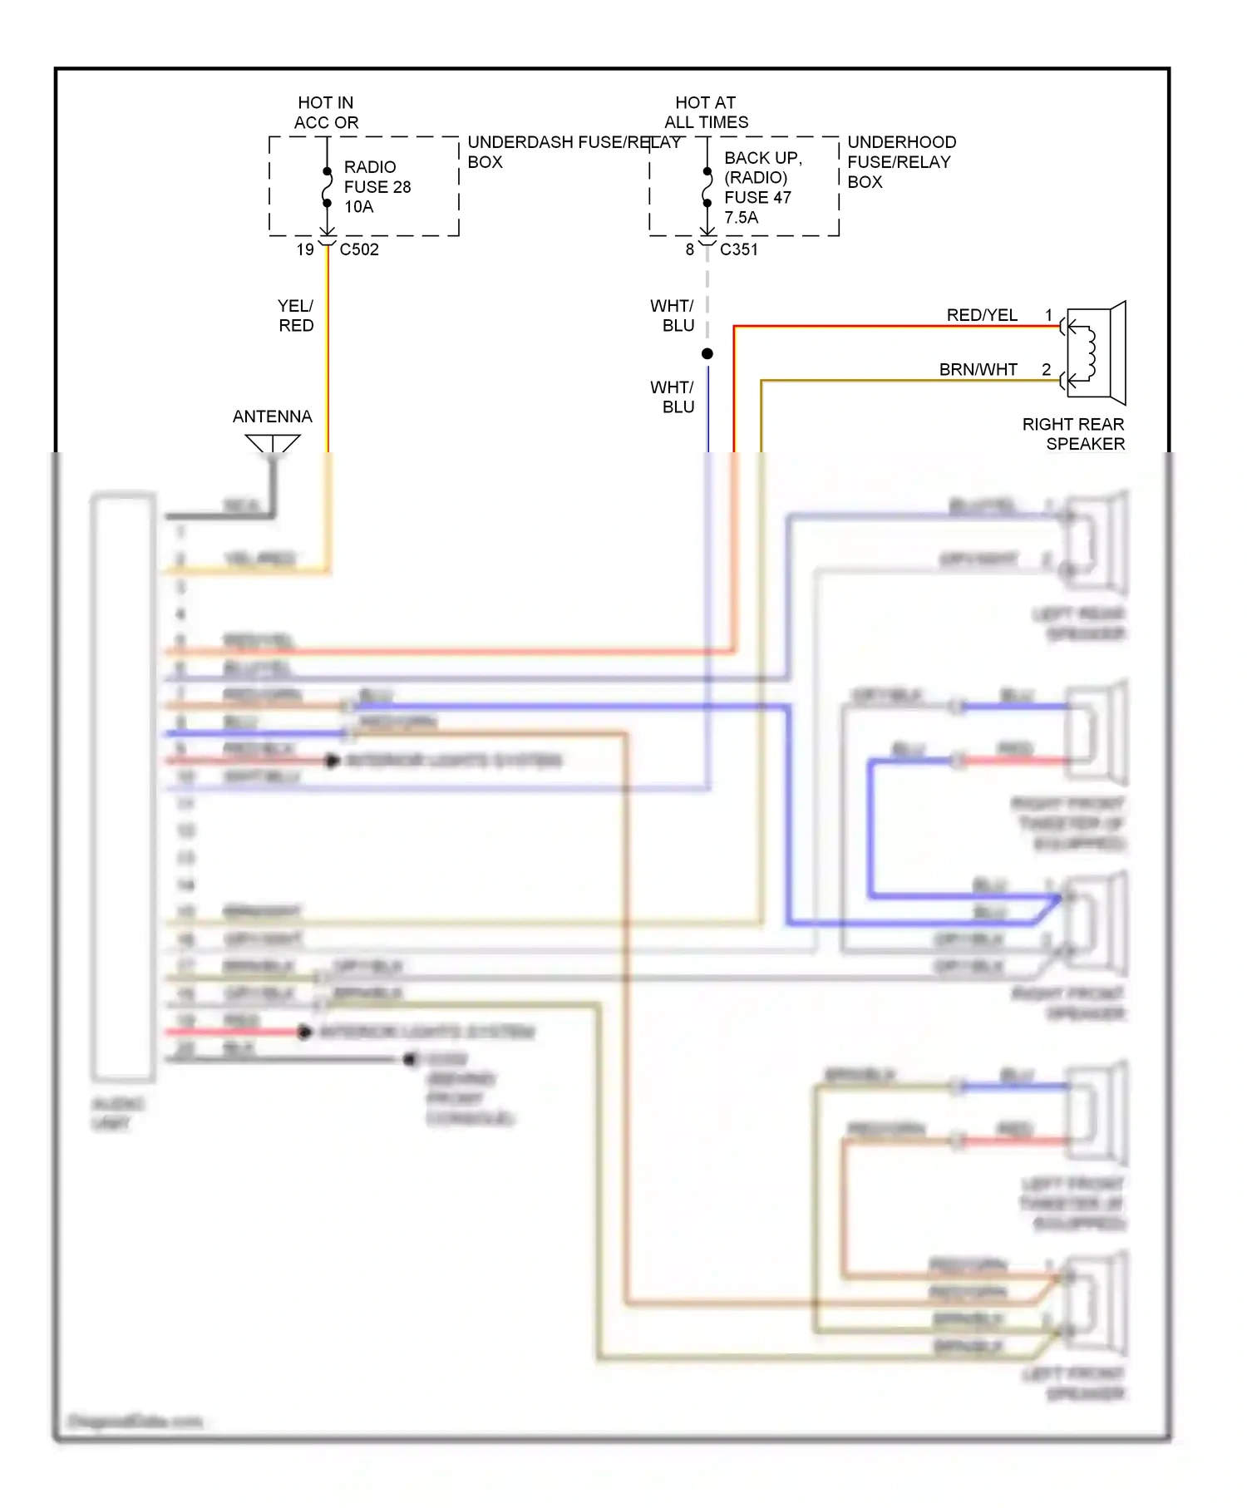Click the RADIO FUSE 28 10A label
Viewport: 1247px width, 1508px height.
pos(377,187)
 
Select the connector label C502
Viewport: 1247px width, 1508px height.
pos(359,249)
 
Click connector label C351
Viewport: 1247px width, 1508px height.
pos(738,249)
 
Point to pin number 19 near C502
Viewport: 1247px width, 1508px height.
pos(305,249)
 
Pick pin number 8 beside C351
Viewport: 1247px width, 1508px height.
pos(689,249)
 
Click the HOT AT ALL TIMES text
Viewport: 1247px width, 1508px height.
pos(706,112)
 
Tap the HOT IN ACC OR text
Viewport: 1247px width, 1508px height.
pos(326,112)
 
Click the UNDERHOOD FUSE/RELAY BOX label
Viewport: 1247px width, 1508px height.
pos(900,161)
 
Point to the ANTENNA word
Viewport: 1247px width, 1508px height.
pos(272,416)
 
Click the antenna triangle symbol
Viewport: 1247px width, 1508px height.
pos(273,444)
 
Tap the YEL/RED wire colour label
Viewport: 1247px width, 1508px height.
pos(296,316)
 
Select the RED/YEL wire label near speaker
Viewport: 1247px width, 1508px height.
pos(982,315)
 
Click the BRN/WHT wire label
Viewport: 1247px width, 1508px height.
pos(978,370)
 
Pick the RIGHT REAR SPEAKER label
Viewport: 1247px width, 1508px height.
pos(1073,434)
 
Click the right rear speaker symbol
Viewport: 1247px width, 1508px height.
pos(1095,353)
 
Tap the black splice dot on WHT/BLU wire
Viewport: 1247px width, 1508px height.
pos(707,354)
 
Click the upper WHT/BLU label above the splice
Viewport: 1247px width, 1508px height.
pos(672,316)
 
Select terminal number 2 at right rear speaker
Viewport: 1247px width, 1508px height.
pos(1046,369)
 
